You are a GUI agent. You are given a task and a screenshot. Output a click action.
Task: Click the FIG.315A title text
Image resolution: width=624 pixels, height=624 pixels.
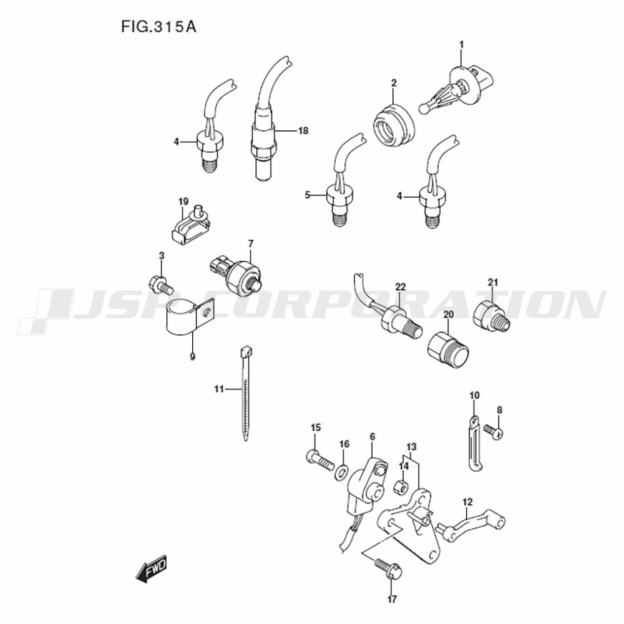click(158, 27)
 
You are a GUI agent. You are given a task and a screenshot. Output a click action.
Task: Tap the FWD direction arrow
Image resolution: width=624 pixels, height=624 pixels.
click(151, 568)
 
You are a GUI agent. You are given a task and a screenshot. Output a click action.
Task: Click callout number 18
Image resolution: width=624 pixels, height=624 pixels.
click(303, 130)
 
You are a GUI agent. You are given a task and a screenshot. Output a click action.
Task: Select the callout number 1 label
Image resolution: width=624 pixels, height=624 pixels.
click(462, 44)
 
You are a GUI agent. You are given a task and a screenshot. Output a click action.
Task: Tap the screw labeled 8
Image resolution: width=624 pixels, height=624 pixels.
click(494, 431)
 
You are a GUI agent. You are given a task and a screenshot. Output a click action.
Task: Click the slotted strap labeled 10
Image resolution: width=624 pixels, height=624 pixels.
click(474, 443)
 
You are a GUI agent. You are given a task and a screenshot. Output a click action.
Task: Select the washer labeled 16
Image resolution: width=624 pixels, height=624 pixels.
click(341, 471)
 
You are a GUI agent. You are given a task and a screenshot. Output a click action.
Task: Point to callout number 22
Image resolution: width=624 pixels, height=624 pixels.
click(401, 286)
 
